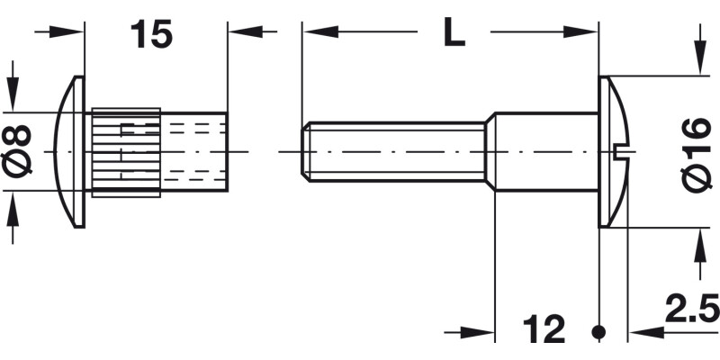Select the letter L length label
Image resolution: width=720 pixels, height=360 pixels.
[x=454, y=34]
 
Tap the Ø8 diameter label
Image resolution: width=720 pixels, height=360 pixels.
[x=20, y=151]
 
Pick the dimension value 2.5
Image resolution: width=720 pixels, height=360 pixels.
[x=692, y=310]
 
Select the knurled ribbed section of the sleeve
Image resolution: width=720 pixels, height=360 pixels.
[x=125, y=151]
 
